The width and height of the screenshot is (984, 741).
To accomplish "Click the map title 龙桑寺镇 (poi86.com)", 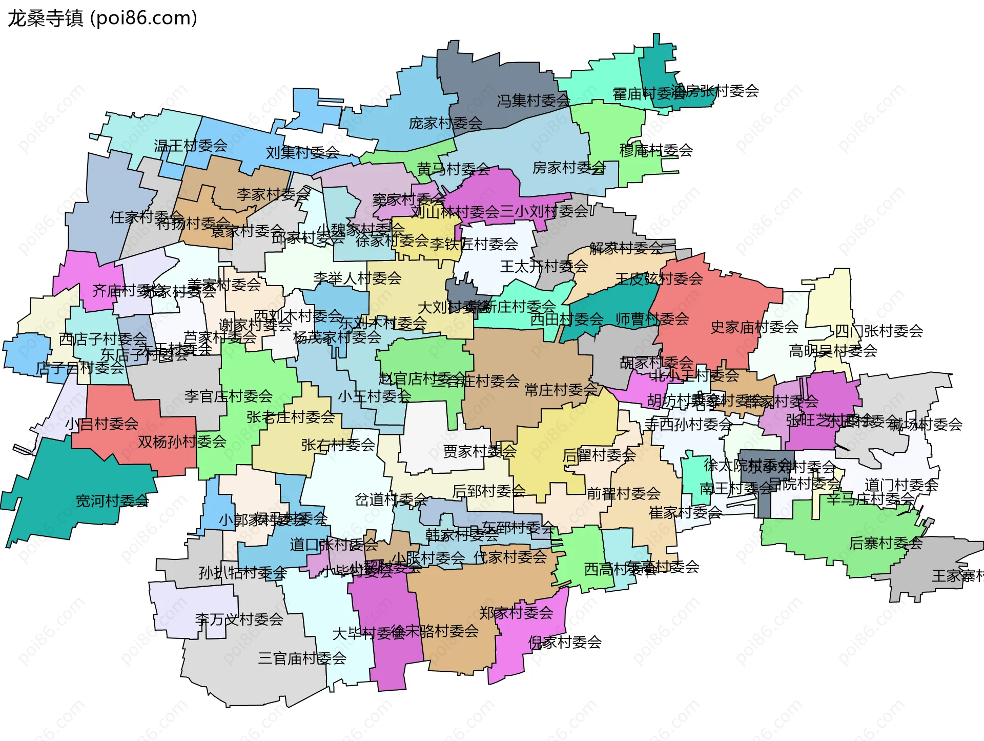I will point(102,18).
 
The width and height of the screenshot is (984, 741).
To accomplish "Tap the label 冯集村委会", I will point(533,101).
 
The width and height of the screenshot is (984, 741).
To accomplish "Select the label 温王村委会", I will point(191,146).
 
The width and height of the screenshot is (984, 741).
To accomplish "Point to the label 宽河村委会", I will point(112,500).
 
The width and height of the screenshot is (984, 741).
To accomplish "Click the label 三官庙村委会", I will point(302,658).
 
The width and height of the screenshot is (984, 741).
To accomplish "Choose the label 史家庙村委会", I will point(754,327).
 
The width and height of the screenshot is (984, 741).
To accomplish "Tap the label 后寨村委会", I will point(886,543).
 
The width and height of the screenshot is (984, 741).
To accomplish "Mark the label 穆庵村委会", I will point(656,150).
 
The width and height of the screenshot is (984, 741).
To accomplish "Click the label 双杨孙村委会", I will point(182,442).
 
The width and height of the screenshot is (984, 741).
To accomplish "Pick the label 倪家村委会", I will point(565,642).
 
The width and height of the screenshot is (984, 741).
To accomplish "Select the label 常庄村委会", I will point(561,390).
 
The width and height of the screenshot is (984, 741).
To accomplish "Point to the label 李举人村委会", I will point(357,278).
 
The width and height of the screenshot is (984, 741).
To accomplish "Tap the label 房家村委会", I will point(569,168).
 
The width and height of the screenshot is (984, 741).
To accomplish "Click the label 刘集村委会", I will point(302,152).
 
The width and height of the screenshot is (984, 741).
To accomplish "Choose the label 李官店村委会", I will point(229,396).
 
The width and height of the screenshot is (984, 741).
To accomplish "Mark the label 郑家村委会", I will point(516,612).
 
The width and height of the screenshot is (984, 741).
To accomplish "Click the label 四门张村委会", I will point(879,331).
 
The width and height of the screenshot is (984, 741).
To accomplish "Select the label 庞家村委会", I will point(445,123).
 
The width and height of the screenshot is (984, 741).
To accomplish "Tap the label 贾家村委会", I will point(479,451).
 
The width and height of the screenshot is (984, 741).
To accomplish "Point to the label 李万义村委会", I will point(239,619).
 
